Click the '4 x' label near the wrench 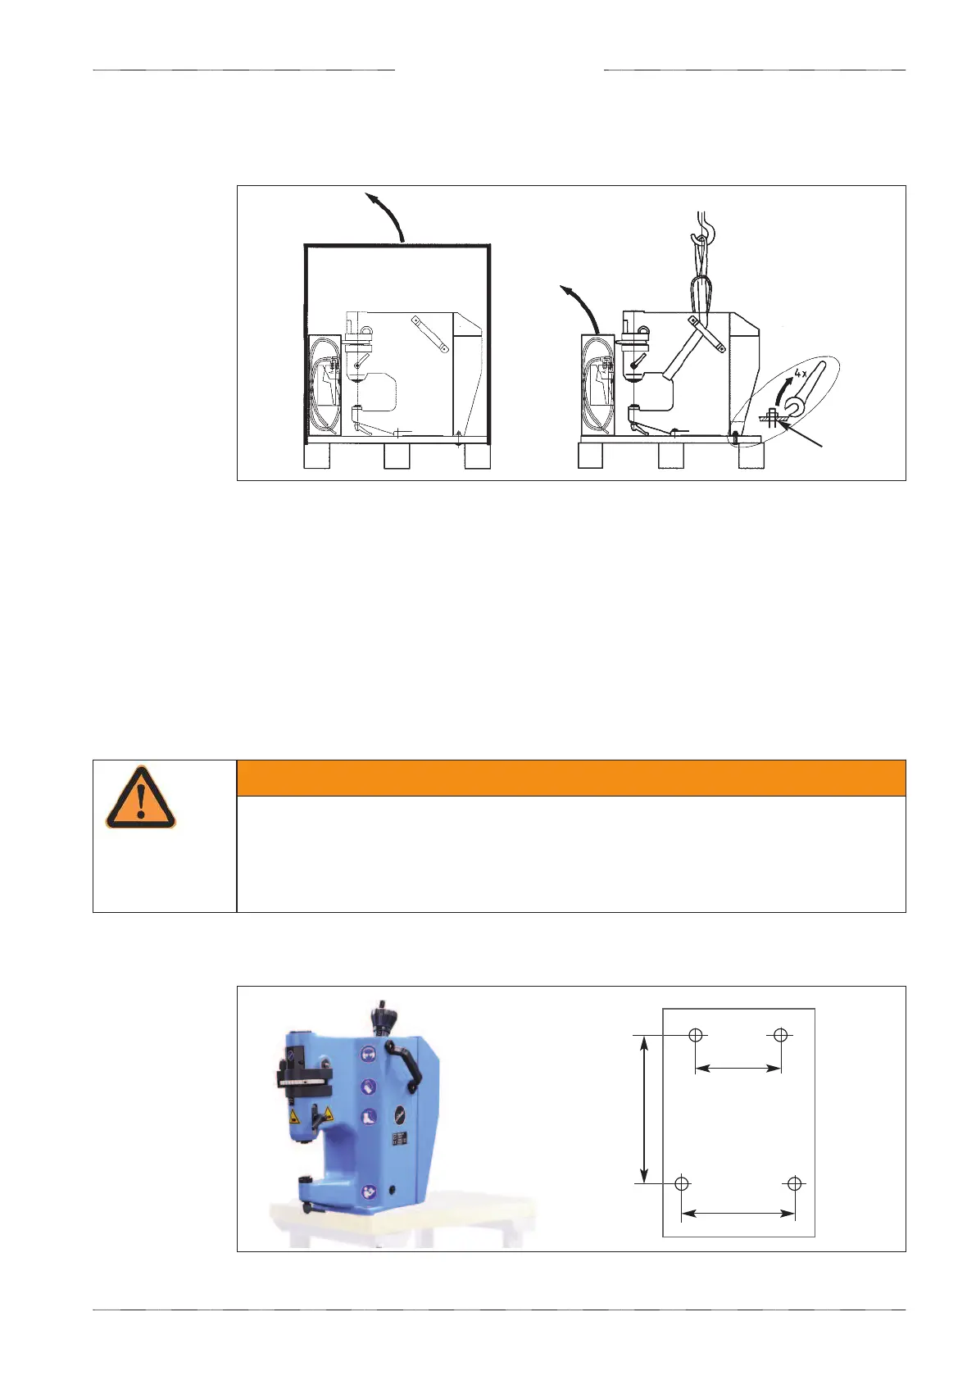click(802, 374)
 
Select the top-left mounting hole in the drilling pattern click(696, 1035)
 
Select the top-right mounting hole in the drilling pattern click(780, 1035)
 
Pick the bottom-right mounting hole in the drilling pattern click(794, 1183)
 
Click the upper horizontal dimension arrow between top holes click(738, 1068)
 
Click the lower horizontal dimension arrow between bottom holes click(738, 1213)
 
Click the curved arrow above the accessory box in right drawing click(582, 307)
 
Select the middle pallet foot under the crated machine click(397, 456)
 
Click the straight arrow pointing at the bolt click(803, 435)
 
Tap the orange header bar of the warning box click(570, 778)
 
